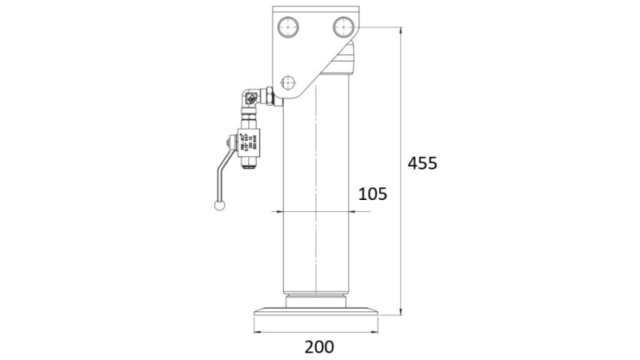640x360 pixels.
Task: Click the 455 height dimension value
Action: [x=422, y=163]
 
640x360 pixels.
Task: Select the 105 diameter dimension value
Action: [x=372, y=193]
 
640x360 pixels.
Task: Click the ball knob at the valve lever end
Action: [x=219, y=206]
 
